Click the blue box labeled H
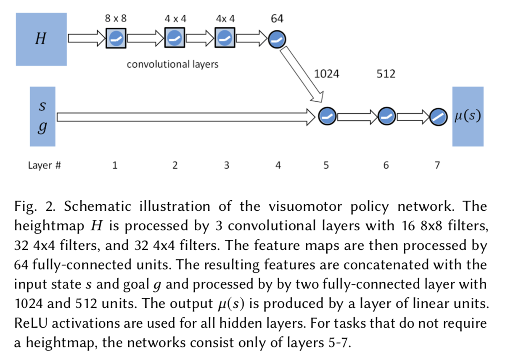tap(41, 39)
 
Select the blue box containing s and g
tap(42, 116)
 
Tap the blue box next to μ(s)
tap(468, 116)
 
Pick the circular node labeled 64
tap(277, 40)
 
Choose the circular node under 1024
tap(327, 116)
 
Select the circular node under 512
tap(386, 116)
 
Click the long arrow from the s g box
tap(185, 116)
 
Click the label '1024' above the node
tap(327, 74)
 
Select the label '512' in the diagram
tap(386, 74)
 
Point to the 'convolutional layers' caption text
tap(172, 64)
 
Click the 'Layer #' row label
tap(45, 165)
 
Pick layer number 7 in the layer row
tap(437, 165)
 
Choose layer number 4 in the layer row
tap(278, 165)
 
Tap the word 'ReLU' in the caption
tap(30, 323)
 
